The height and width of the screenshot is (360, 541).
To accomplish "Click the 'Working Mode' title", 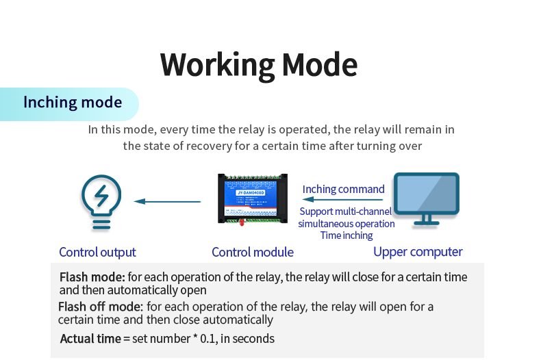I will tap(259, 64).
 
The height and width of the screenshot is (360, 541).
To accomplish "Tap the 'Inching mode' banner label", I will tap(73, 103).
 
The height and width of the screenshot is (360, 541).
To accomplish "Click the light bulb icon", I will tap(101, 201).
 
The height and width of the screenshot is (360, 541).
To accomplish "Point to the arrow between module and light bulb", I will tap(168, 201).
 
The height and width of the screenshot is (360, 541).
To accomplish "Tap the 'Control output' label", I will tap(97, 252).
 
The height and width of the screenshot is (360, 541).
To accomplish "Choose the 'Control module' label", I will tap(253, 252).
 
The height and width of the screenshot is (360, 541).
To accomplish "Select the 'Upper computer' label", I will tap(418, 252).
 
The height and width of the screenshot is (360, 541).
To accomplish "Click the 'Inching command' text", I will tap(343, 189).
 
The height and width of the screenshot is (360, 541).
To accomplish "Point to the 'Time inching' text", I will tap(347, 235).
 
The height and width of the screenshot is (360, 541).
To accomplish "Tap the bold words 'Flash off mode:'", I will tap(101, 306).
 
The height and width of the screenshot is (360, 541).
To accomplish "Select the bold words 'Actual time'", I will tap(90, 338).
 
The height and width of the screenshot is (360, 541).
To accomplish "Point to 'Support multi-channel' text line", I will tap(346, 211).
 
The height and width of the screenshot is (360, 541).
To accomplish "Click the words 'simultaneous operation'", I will tap(346, 224).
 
